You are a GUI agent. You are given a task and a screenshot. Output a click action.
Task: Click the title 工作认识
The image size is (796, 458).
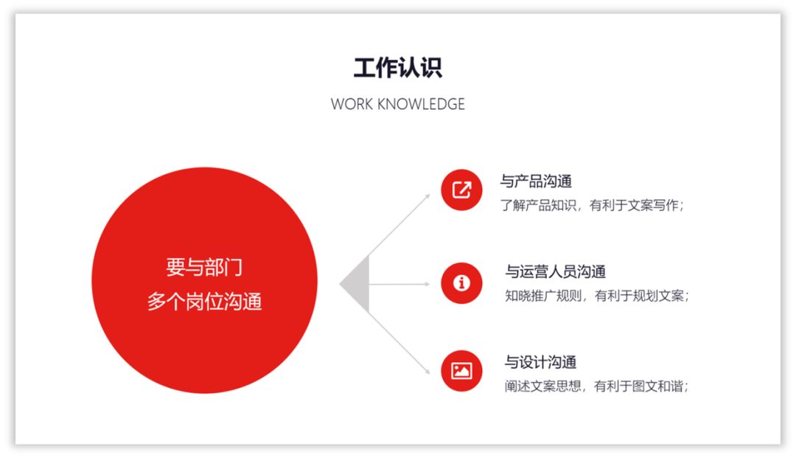397,68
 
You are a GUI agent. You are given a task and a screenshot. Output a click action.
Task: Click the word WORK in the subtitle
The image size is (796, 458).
352,104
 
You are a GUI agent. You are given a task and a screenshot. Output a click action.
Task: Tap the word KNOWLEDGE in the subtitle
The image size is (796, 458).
421,104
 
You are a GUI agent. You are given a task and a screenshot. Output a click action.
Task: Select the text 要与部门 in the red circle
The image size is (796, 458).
204,267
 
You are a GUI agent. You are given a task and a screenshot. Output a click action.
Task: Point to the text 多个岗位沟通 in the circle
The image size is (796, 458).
204,302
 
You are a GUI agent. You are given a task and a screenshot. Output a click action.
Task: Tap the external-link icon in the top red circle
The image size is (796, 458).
461,190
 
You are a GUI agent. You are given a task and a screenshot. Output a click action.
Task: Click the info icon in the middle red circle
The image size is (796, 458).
461,283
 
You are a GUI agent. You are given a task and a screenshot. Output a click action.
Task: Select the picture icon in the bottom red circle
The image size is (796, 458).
461,370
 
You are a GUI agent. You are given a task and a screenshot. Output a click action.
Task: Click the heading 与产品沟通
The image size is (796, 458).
536,181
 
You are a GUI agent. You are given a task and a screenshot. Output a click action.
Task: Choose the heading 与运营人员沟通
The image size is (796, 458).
555,272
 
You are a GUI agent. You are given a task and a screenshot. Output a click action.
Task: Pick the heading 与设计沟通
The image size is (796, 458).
540,362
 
